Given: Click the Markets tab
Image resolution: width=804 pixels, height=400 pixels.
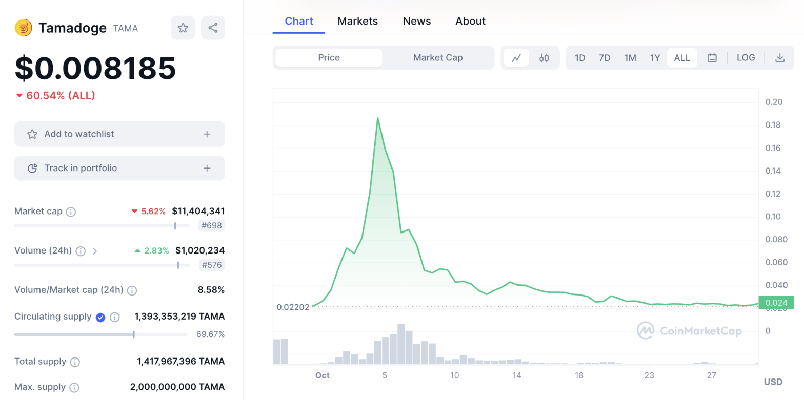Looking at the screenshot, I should click(357, 21).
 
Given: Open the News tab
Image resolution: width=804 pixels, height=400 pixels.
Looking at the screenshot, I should click(417, 21).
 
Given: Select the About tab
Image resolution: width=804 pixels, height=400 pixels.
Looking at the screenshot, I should click(470, 21).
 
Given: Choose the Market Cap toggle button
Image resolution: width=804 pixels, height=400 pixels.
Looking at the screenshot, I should click(438, 57).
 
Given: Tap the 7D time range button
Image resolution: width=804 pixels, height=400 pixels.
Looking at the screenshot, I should click(605, 58).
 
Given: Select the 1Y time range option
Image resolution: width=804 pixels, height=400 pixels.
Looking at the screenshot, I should click(655, 58).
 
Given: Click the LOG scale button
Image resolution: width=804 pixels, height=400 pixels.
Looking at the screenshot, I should click(746, 57).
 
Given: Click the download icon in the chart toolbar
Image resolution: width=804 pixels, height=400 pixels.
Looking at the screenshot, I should click(779, 58).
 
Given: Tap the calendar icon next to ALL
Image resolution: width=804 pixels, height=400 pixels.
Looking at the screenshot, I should click(712, 58).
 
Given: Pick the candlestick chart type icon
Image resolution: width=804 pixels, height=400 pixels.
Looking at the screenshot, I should click(544, 58).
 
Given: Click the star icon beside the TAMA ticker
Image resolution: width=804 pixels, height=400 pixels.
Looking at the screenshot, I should click(183, 28).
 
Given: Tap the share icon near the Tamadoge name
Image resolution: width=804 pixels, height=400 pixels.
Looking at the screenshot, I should click(213, 28).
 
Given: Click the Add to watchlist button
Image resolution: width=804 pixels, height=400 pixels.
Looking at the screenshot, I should click(119, 134).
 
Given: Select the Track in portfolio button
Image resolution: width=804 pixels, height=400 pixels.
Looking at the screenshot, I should click(119, 169).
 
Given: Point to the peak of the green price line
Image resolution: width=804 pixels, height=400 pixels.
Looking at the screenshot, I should click(378, 118).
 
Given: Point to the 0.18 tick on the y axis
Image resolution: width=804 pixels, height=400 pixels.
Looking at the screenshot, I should click(773, 125).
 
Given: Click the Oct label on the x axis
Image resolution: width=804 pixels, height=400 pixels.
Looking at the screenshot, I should click(322, 375).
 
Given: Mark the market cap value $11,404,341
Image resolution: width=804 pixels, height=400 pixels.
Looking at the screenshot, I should click(198, 211).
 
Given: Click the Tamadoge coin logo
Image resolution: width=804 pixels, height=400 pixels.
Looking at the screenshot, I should click(24, 28).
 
